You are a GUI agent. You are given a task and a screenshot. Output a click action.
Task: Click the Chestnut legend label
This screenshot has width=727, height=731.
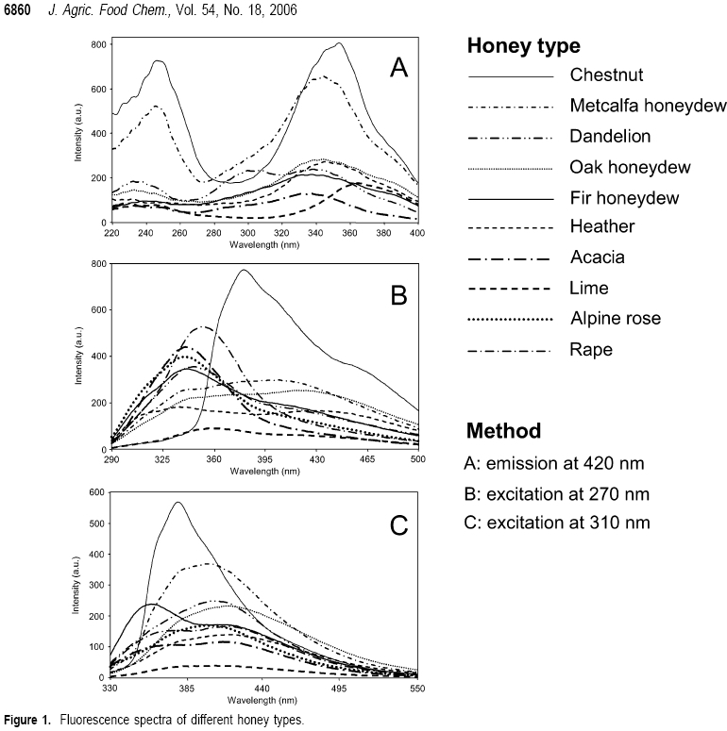[606, 75]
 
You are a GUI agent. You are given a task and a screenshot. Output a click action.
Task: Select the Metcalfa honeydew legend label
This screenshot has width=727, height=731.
[648, 106]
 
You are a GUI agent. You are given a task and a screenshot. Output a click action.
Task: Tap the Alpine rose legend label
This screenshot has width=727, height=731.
[616, 319]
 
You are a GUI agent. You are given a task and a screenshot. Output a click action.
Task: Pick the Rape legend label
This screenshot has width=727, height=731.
[591, 350]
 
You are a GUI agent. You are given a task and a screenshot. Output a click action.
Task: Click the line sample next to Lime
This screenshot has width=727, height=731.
[510, 289]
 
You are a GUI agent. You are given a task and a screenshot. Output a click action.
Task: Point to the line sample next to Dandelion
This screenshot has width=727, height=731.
[510, 138]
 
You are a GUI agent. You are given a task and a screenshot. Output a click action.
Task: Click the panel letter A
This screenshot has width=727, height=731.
[399, 68]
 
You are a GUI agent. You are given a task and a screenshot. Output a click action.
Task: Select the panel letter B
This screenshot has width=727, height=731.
[399, 295]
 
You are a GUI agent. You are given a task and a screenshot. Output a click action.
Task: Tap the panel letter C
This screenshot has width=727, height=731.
[399, 525]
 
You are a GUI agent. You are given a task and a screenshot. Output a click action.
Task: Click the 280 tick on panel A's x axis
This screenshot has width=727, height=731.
[213, 233]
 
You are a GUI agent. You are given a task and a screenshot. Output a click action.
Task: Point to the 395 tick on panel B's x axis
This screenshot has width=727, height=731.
[264, 459]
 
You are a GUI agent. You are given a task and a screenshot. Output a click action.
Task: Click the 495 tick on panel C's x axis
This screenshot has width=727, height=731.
[339, 689]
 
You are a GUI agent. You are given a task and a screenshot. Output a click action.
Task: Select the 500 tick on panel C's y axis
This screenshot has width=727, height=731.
[97, 523]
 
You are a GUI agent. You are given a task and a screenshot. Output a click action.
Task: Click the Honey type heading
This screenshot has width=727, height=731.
[524, 45]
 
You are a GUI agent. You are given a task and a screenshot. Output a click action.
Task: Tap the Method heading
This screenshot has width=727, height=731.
[503, 431]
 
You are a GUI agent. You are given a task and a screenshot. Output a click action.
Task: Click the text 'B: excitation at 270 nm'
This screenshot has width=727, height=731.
[557, 494]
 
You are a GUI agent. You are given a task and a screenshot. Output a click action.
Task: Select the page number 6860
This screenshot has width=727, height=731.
[17, 9]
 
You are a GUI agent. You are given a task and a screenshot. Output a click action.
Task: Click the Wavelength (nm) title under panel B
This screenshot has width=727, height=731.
[265, 472]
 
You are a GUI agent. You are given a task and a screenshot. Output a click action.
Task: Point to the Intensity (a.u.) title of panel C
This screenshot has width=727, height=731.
[76, 585]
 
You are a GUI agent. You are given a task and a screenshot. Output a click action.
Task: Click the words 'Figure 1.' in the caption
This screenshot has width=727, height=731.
[27, 720]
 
